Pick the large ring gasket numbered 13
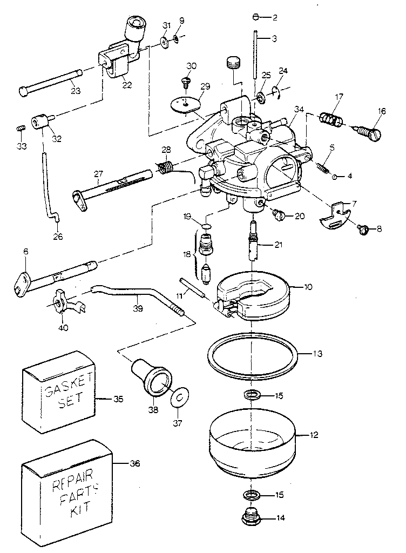click(252, 356)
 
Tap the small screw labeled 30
click(186, 83)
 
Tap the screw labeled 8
click(364, 230)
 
